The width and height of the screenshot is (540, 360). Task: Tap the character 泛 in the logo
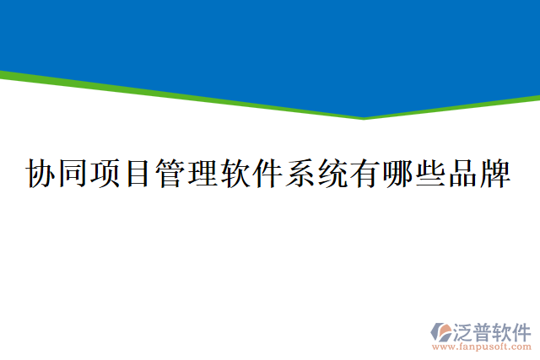(465, 330)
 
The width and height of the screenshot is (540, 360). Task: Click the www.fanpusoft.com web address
(482, 346)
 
